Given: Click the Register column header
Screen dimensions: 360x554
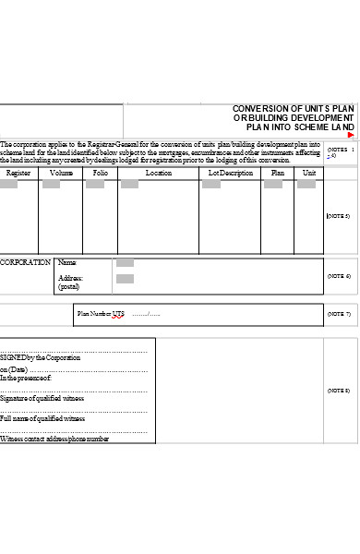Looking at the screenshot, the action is [18, 173].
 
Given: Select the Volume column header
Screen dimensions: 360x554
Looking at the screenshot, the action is [61, 173].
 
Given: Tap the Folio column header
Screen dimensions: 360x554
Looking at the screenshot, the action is [101, 173].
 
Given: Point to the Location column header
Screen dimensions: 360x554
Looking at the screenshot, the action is [158, 173].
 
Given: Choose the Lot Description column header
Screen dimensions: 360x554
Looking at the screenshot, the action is [230, 173].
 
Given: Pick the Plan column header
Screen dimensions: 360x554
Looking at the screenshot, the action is [277, 173].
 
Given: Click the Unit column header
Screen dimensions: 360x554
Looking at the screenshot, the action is [309, 173].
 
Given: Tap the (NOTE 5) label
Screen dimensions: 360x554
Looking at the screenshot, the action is [338, 216].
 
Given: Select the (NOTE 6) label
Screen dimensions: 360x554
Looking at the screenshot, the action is [338, 276].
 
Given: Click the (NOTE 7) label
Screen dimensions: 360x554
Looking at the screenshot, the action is [338, 314].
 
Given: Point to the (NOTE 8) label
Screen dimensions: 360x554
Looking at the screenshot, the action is [338, 391].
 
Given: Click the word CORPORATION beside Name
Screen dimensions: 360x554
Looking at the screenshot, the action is [25, 262].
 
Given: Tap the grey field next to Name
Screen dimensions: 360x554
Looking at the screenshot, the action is [125, 263].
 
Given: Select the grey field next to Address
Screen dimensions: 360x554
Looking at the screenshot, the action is [125, 278].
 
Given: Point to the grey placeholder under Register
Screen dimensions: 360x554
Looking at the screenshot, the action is [8, 185].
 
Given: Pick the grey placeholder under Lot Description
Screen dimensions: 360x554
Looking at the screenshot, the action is [210, 185].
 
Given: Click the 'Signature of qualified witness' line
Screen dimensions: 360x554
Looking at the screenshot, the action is [42, 398].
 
